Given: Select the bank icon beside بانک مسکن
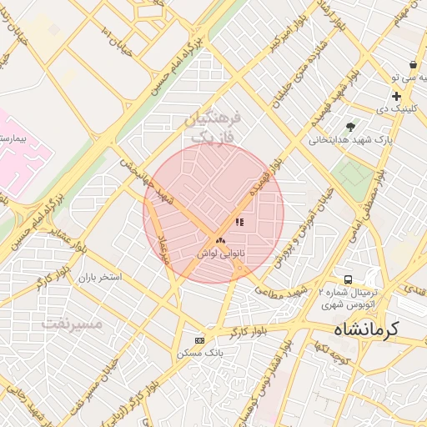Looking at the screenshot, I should pos(198,340).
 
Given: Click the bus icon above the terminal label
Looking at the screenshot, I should pos(348,279).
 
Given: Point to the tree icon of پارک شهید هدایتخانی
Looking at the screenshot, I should pos(350,127).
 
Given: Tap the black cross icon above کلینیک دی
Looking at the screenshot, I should pos(396,97).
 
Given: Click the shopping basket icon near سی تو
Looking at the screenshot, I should pos(413,64).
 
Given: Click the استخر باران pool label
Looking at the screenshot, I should pos(99,276).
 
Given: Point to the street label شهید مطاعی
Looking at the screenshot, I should pos(289,289).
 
